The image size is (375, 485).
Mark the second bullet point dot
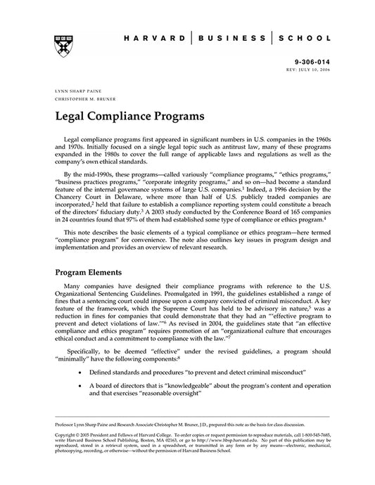tap(84, 385)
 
